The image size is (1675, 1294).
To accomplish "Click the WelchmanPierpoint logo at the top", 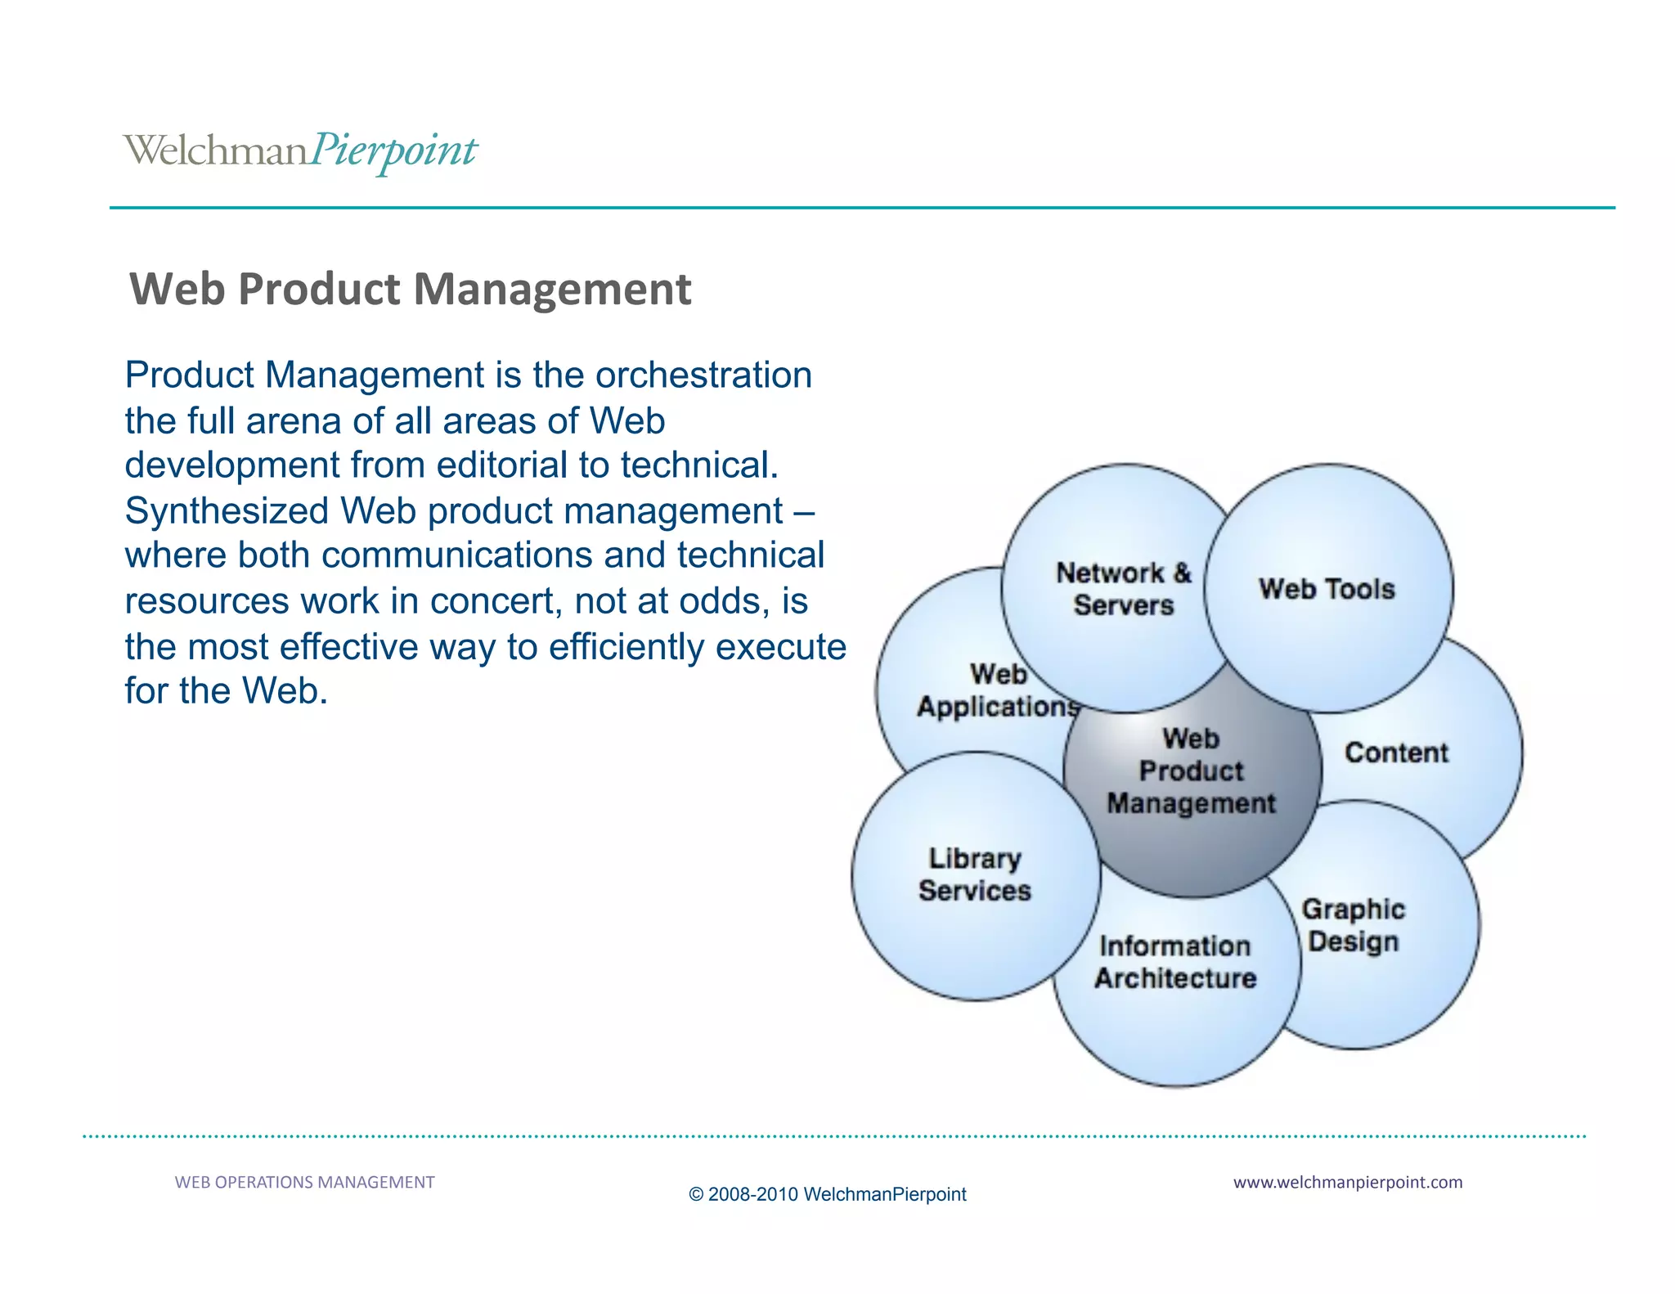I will point(300,151).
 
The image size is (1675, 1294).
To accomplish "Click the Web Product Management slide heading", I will point(411,290).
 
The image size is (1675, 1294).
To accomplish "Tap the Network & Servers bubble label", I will point(1124,589).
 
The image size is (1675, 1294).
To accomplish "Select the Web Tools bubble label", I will point(1327,589).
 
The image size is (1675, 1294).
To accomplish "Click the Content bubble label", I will point(1396,753).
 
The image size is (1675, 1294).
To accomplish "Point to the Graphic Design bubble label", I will point(1354,925).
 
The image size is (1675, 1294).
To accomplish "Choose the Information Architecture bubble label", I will point(1175,962).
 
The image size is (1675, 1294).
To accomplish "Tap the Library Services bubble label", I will point(975,874).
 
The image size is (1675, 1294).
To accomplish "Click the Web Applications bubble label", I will point(998,690).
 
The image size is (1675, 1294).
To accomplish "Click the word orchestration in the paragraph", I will point(703,375).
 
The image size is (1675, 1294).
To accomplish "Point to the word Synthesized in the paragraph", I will point(227,511).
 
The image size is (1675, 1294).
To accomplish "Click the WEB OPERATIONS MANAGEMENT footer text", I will point(304,1182).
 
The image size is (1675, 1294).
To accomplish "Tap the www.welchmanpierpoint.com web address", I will point(1347,1182).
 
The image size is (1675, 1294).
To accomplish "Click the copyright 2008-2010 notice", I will point(827,1194).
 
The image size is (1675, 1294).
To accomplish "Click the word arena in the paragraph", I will point(294,421).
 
